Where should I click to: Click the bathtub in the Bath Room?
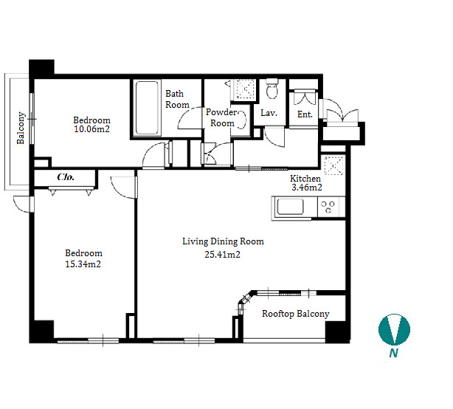click(147, 108)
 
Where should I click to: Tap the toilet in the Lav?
click(272, 89)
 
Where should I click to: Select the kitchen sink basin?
click(291, 207)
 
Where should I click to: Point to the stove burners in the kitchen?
click(328, 207)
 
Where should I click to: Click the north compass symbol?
click(394, 329)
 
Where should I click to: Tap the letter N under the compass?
click(393, 353)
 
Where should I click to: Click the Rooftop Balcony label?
click(296, 314)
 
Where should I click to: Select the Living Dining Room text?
click(223, 241)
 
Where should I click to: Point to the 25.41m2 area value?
click(223, 255)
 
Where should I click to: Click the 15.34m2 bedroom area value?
click(83, 264)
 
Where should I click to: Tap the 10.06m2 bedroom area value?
click(92, 129)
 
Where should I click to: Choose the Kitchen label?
click(305, 179)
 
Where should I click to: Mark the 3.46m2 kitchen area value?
click(306, 188)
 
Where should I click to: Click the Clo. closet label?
click(66, 177)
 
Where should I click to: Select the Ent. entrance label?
click(305, 114)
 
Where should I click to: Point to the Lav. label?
click(269, 113)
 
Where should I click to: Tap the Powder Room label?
click(222, 117)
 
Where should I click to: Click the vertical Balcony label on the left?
click(21, 128)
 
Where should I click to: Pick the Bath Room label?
click(177, 99)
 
